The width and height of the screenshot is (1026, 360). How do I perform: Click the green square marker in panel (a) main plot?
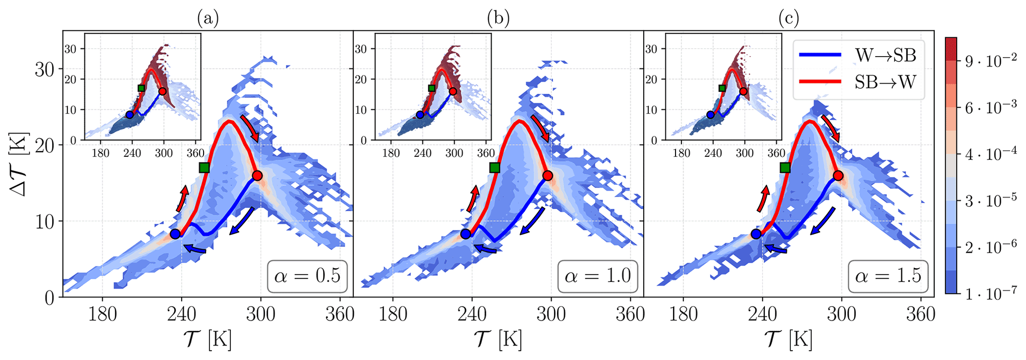204,168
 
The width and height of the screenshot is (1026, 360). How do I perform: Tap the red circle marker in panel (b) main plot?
547,176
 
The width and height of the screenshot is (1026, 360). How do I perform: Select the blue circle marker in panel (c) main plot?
756,234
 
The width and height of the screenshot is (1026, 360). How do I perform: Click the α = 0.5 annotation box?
308,276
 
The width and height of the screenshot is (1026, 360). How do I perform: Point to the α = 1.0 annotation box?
598,276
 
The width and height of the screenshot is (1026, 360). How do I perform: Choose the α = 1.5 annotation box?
889,276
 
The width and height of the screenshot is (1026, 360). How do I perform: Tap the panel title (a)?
207,19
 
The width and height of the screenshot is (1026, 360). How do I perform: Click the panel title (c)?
789,19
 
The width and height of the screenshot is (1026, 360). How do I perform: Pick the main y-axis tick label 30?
45,70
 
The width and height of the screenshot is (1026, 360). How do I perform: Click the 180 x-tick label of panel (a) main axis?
103,314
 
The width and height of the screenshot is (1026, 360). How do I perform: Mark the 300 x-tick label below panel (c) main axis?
841,314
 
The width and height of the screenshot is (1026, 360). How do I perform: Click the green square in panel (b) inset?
431,88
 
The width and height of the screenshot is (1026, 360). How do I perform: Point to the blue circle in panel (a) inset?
130,115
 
